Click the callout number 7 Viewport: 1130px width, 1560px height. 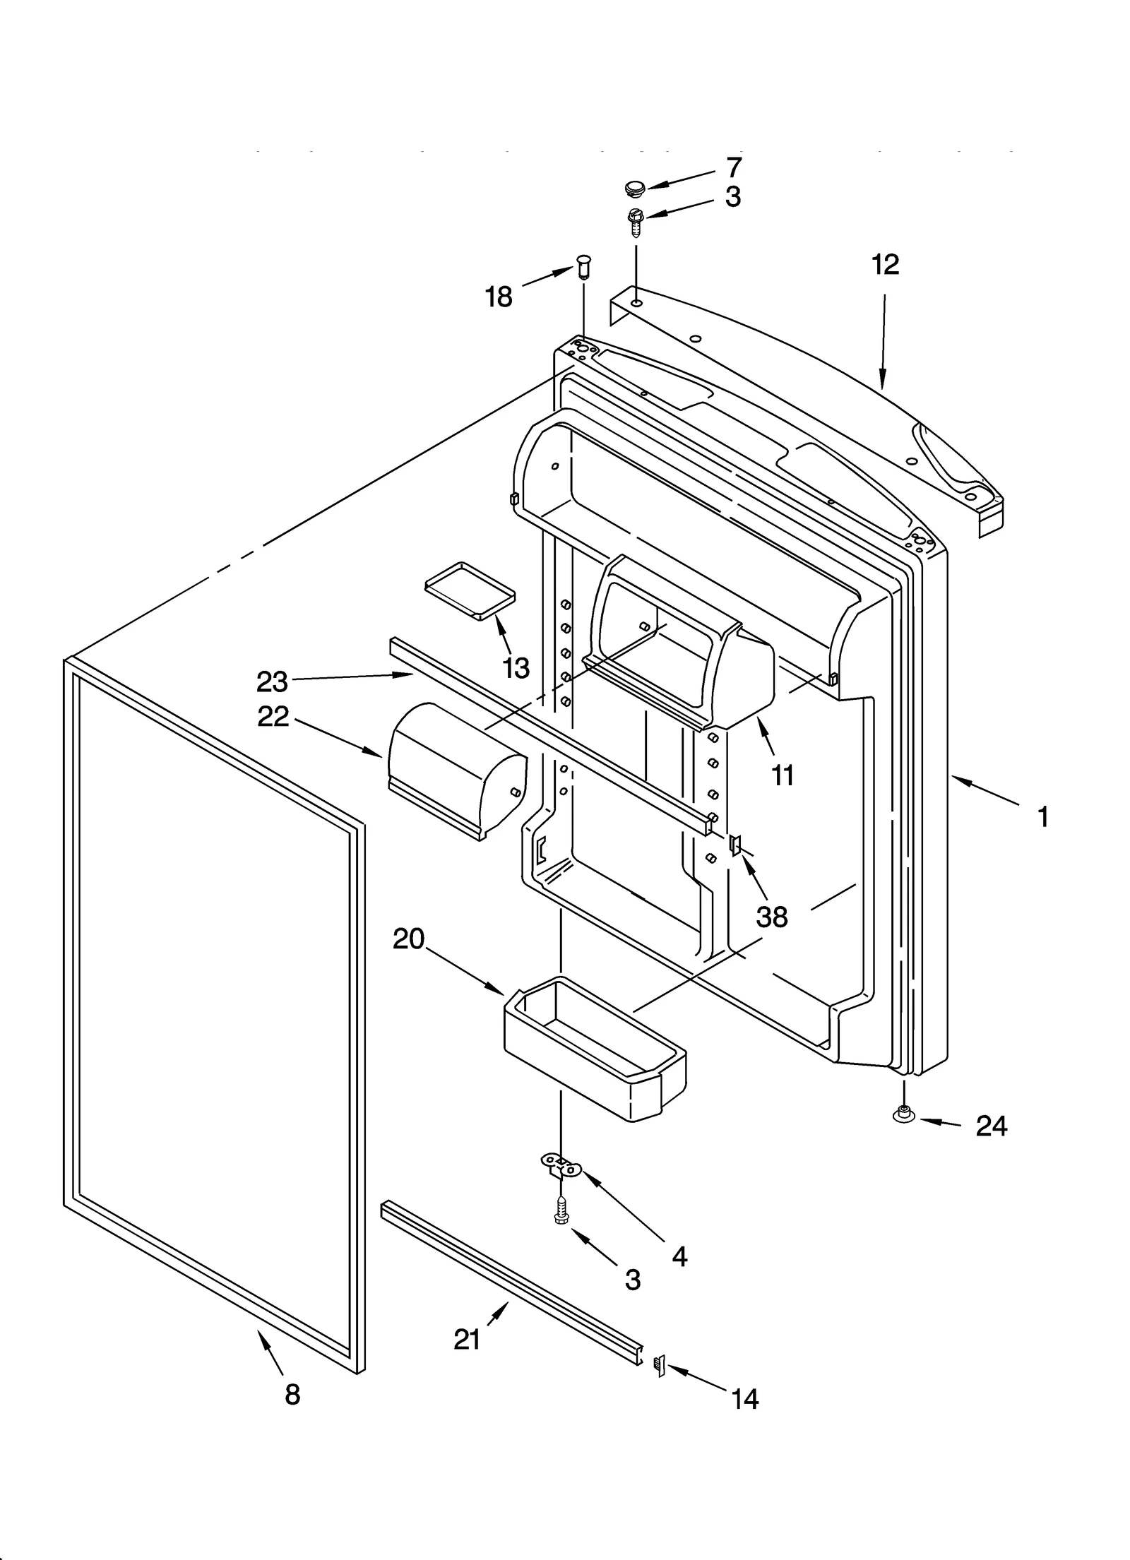click(734, 168)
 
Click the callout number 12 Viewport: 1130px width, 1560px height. click(885, 265)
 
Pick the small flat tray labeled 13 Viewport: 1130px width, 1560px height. click(470, 590)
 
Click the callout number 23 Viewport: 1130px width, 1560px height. click(272, 682)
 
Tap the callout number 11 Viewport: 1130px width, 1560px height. click(783, 775)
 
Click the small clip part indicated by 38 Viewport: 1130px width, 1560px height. click(735, 843)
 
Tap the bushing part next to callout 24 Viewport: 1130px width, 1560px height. click(903, 1115)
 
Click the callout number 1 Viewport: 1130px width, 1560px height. click(1043, 818)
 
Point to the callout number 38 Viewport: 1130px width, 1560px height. click(771, 917)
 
